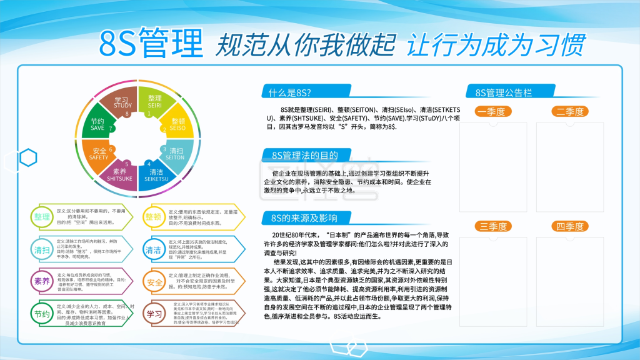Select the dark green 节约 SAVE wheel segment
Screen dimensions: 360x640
(x=98, y=124)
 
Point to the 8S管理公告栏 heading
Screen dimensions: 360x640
(x=504, y=92)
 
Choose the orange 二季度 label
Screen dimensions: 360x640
(x=569, y=112)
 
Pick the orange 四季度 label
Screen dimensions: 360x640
(x=569, y=226)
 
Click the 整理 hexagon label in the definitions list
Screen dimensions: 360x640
(x=42, y=217)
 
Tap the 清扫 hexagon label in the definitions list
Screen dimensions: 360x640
(x=42, y=249)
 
